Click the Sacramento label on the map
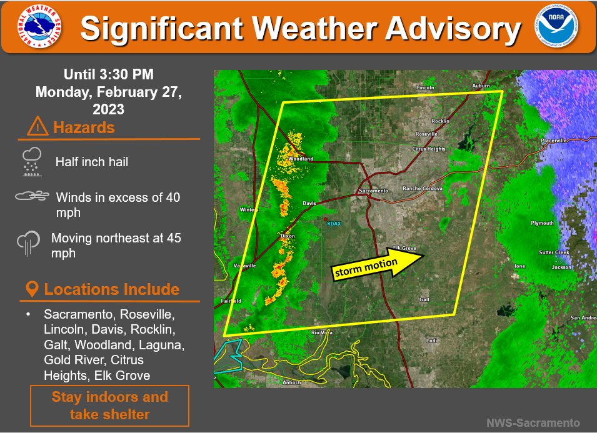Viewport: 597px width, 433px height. pyautogui.click(x=373, y=191)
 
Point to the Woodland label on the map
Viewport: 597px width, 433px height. pyautogui.click(x=301, y=159)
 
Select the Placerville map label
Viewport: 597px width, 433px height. pyautogui.click(x=554, y=141)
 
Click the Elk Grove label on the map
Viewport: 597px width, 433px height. pyautogui.click(x=405, y=248)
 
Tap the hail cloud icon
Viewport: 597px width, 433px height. pyautogui.click(x=31, y=161)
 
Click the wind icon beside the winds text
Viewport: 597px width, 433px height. pyautogui.click(x=32, y=197)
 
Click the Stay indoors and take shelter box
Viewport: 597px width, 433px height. pyautogui.click(x=109, y=406)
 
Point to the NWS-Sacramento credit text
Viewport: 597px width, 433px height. pyautogui.click(x=533, y=423)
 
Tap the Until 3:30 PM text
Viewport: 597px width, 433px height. pyautogui.click(x=109, y=76)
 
